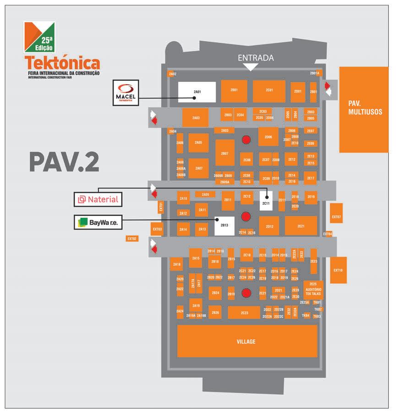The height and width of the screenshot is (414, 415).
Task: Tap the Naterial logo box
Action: click(98, 199)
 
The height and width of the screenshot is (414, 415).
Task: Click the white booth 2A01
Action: click(197, 92)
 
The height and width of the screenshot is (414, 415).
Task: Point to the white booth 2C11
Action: click(266, 201)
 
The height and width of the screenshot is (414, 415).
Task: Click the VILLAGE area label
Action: click(246, 342)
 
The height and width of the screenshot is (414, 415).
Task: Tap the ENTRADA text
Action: click(256, 58)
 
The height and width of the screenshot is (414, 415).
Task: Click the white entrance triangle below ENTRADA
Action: click(250, 67)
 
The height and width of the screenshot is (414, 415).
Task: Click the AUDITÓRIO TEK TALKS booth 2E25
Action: click(313, 290)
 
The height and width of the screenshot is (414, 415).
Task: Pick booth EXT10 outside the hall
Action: click(338, 270)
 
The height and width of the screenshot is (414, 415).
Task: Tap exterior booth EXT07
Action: click(336, 217)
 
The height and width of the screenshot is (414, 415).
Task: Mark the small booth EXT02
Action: click(132, 239)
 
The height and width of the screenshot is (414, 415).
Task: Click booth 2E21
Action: click(301, 226)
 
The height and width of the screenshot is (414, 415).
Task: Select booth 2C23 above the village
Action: click(244, 313)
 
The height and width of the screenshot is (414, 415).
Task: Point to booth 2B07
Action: click(224, 153)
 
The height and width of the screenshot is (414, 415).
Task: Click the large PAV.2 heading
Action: click(64, 162)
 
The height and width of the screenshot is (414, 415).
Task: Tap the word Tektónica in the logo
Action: click(63, 63)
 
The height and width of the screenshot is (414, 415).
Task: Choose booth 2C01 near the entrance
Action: click(269, 91)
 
